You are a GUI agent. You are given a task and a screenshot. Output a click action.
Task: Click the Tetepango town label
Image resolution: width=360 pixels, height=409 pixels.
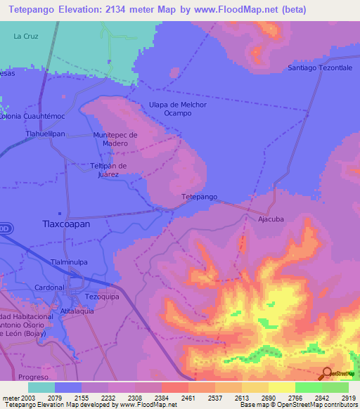click(x=199, y=197)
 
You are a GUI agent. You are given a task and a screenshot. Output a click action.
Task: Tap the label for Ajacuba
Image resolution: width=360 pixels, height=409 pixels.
click(x=270, y=219)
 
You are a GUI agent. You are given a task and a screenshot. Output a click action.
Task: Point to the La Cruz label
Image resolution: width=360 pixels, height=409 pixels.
click(x=26, y=35)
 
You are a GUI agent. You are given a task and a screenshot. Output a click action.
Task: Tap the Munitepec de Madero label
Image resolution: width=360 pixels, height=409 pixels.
click(x=115, y=138)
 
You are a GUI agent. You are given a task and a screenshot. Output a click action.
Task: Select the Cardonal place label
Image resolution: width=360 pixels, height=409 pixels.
click(x=50, y=287)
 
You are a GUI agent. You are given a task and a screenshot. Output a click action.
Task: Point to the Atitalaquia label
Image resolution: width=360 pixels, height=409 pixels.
click(x=77, y=311)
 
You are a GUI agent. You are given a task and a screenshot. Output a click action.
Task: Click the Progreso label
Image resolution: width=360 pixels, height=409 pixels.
click(x=34, y=376)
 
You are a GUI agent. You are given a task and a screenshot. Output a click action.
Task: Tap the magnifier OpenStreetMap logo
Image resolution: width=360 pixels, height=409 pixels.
click(x=326, y=373)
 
